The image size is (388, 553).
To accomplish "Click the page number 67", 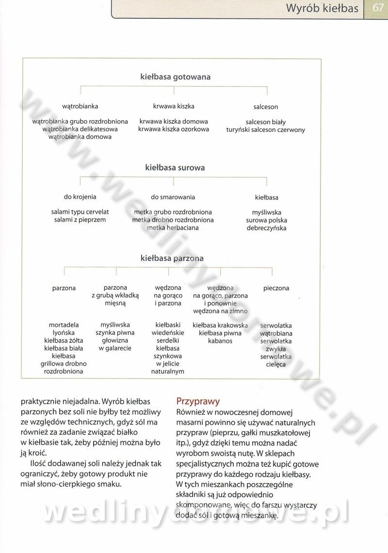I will (378, 8).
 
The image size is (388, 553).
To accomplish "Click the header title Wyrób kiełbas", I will (322, 8).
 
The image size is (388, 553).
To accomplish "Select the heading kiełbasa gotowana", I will (175, 77).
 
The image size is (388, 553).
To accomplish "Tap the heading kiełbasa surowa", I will (175, 168).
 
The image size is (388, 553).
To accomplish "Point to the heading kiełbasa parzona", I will (172, 258).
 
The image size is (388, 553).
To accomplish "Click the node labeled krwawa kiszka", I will (174, 106).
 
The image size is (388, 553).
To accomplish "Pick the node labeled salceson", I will (266, 107).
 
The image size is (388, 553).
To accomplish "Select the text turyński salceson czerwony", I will (266, 130).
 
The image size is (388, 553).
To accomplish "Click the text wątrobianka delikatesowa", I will (80, 129).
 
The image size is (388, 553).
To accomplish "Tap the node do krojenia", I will (80, 197).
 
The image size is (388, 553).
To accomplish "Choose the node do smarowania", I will (173, 197).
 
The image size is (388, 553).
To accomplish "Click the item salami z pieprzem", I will (80, 220).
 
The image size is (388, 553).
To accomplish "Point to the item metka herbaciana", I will (173, 228).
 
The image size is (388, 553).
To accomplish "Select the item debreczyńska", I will (266, 228).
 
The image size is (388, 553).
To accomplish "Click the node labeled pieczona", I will (276, 288).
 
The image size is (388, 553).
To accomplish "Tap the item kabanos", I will (220, 341).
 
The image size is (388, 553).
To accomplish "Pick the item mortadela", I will (64, 325).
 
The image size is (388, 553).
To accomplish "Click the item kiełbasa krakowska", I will (220, 326).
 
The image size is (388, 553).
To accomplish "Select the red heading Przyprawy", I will (198, 401).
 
